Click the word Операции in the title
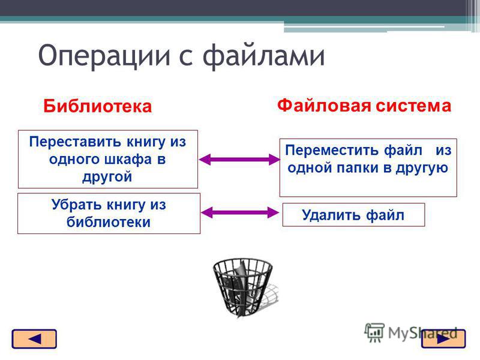[104, 56]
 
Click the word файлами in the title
[263, 55]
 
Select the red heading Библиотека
[98, 106]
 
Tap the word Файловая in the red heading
[324, 106]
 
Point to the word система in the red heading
[413, 106]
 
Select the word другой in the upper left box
[107, 177]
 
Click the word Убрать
[76, 205]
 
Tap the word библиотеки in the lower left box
[109, 222]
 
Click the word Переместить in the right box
[332, 151]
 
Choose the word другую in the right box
[422, 169]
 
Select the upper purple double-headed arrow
[239, 160]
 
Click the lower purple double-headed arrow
[239, 212]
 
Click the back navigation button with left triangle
[34, 339]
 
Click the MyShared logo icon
[374, 332]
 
